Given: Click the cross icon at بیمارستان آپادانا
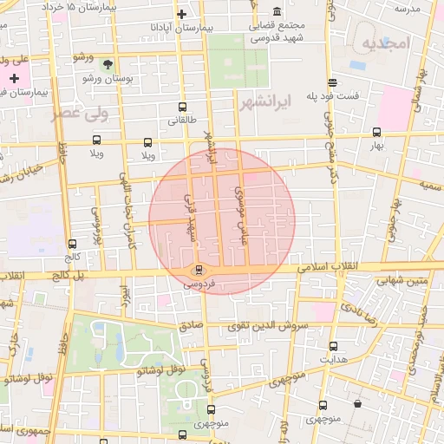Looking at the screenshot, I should [181, 15].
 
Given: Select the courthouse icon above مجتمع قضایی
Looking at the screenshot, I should [277, 12].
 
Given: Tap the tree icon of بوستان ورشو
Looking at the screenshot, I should [108, 64].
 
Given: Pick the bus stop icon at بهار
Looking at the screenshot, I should [376, 133].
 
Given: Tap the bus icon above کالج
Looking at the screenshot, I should [71, 244].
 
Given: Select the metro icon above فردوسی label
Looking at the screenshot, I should [199, 270].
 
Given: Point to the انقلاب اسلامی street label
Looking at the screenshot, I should [330, 268].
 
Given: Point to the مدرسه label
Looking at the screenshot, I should [407, 9].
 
